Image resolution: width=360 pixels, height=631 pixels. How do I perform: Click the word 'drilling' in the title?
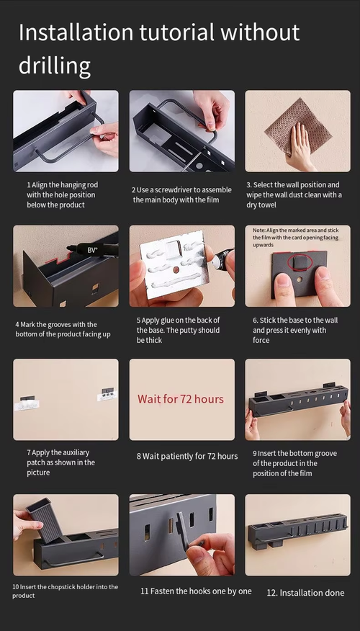tap(54, 66)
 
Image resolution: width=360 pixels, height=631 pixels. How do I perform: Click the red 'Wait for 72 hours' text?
tap(181, 399)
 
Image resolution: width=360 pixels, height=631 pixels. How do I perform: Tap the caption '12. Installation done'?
tap(306, 593)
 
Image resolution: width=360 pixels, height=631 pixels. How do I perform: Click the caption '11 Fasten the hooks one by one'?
tap(196, 591)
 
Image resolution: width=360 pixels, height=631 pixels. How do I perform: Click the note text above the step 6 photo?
tap(296, 238)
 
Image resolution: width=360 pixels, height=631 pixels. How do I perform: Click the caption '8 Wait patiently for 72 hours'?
tap(187, 457)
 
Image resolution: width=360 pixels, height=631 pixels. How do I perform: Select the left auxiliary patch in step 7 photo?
tap(26, 403)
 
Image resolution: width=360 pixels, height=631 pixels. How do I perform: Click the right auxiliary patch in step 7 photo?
tap(107, 395)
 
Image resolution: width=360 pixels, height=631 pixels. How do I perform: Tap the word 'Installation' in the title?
tap(76, 32)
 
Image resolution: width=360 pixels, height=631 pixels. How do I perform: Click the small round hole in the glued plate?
tap(176, 268)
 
